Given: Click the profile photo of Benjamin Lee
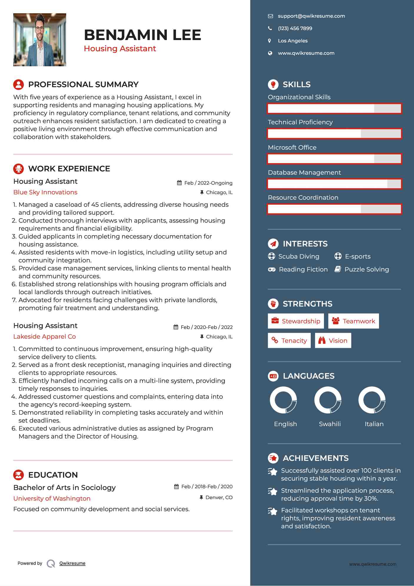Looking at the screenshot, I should [x=40, y=40].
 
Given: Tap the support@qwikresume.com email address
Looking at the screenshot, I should [x=311, y=16].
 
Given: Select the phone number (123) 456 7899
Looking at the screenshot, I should [x=295, y=29].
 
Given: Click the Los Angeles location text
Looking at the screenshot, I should [x=292, y=41].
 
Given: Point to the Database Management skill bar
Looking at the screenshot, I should [x=334, y=184].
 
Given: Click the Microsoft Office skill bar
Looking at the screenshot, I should [x=334, y=159].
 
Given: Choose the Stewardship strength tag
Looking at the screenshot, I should [x=296, y=321].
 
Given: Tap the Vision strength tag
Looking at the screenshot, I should [x=333, y=341].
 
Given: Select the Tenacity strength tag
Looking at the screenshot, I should [x=289, y=341].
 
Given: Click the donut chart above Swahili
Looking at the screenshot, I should [x=328, y=400].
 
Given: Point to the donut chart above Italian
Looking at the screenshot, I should [x=372, y=400].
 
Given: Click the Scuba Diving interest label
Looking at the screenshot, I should [x=299, y=256].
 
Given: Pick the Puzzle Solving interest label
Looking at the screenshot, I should [x=367, y=269].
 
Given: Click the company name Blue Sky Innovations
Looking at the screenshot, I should [x=45, y=192].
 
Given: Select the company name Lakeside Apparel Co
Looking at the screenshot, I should [x=44, y=337].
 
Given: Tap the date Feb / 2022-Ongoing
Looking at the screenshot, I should [x=208, y=183].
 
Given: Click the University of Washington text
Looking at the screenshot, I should [x=52, y=499].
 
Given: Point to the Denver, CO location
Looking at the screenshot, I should [x=219, y=498].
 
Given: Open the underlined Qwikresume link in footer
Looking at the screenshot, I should [x=72, y=563].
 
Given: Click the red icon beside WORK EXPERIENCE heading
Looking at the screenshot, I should [x=19, y=169].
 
